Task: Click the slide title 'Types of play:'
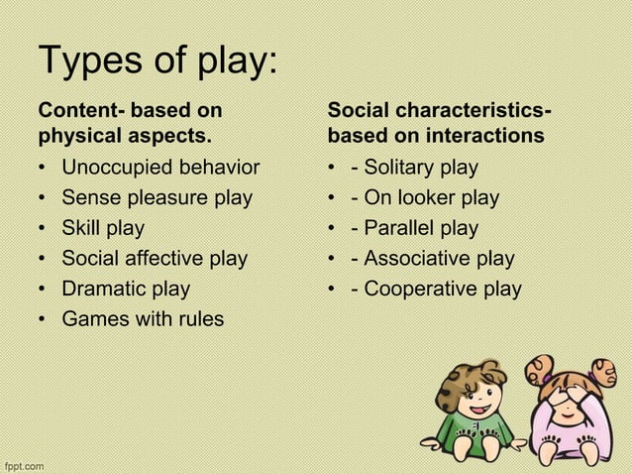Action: coord(158,63)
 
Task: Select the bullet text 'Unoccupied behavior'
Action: coord(160,168)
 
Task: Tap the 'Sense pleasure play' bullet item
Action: coord(157,198)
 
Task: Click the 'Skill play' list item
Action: coord(103,229)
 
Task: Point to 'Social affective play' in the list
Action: coord(155,259)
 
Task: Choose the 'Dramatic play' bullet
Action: coord(126,290)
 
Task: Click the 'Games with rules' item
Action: coord(143,319)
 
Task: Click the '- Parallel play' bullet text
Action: coord(416,229)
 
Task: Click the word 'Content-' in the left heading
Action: coord(78,108)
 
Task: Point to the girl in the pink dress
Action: coord(569,416)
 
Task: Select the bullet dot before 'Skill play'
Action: coord(45,229)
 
